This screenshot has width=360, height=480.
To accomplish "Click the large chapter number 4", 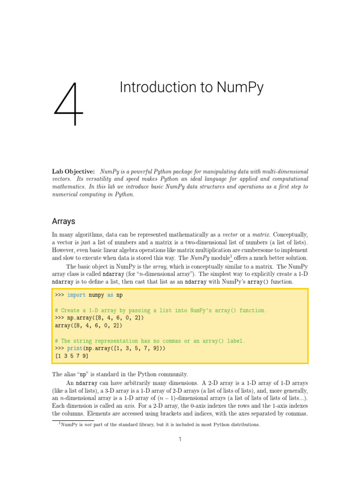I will (68, 105).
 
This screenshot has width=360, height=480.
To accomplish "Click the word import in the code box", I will (76, 295).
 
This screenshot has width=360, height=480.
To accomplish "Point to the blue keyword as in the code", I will (111, 295).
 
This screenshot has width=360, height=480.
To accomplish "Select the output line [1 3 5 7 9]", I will (72, 356).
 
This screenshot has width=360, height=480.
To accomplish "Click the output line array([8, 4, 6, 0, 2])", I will (89, 325).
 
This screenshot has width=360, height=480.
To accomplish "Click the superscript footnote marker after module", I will (231, 256).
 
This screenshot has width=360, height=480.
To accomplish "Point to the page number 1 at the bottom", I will (180, 439).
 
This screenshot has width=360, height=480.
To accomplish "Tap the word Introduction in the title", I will (157, 88).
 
